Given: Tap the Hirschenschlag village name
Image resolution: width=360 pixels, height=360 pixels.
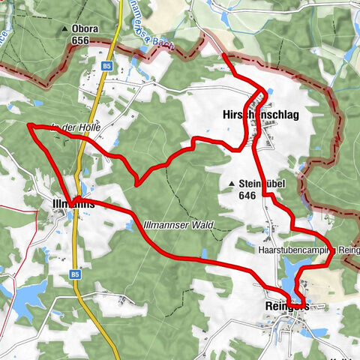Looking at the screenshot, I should click(x=262, y=114).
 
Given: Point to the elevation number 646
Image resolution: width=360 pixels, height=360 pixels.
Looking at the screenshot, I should click(x=247, y=195).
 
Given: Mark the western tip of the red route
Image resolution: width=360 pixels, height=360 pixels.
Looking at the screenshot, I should click(x=29, y=125).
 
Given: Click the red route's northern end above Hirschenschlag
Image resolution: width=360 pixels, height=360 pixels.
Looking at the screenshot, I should click(x=224, y=55).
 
